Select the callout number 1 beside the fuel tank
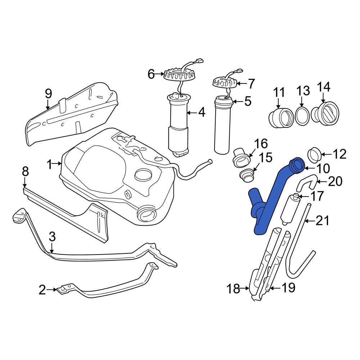pyautogui.click(x=49, y=165)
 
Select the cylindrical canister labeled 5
pyautogui.click(x=222, y=126)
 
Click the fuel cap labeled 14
pyautogui.click(x=326, y=114)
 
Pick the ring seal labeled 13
pyautogui.click(x=302, y=115)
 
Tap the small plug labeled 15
pyautogui.click(x=247, y=176)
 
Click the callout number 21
pyautogui.click(x=323, y=220)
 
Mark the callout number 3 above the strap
pyautogui.click(x=52, y=237)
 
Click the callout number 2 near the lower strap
pyautogui.click(x=42, y=289)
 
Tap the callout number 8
pyautogui.click(x=25, y=172)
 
